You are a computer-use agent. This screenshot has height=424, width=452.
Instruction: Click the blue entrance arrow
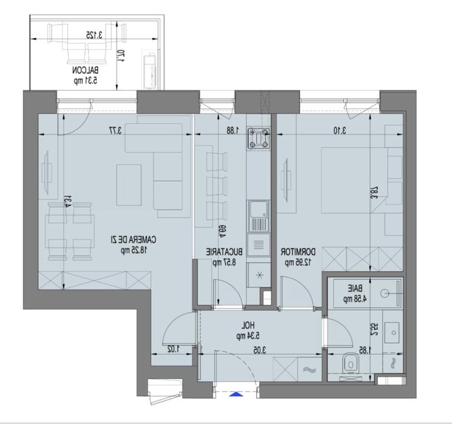point(237,394)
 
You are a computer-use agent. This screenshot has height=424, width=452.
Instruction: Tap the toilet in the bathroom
point(351,363)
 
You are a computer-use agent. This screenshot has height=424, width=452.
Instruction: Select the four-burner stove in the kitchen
point(260,140)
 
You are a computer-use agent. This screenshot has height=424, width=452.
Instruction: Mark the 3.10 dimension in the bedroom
point(329,129)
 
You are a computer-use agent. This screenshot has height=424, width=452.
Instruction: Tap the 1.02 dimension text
point(174,349)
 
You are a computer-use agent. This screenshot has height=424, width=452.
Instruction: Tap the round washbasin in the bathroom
point(387,294)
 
